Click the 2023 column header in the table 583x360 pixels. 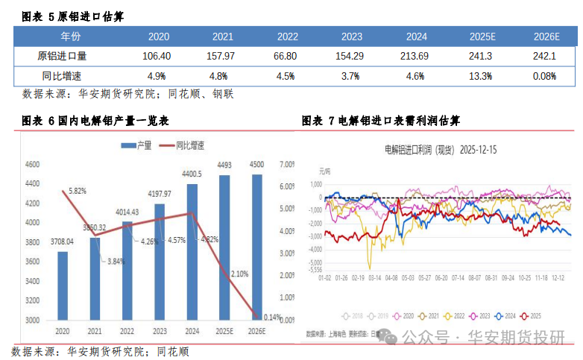click(352, 36)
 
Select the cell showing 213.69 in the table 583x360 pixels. click(415, 56)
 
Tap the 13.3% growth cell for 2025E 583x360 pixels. click(481, 76)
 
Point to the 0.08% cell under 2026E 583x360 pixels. click(545, 76)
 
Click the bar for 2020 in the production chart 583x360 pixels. click(63, 286)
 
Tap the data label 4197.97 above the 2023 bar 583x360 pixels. click(159, 194)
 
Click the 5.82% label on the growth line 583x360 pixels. click(78, 191)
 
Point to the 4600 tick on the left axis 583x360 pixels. click(32, 164)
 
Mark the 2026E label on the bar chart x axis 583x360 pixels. click(256, 329)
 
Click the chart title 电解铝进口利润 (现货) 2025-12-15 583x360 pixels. click(440, 149)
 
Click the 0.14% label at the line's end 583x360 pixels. click(272, 317)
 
